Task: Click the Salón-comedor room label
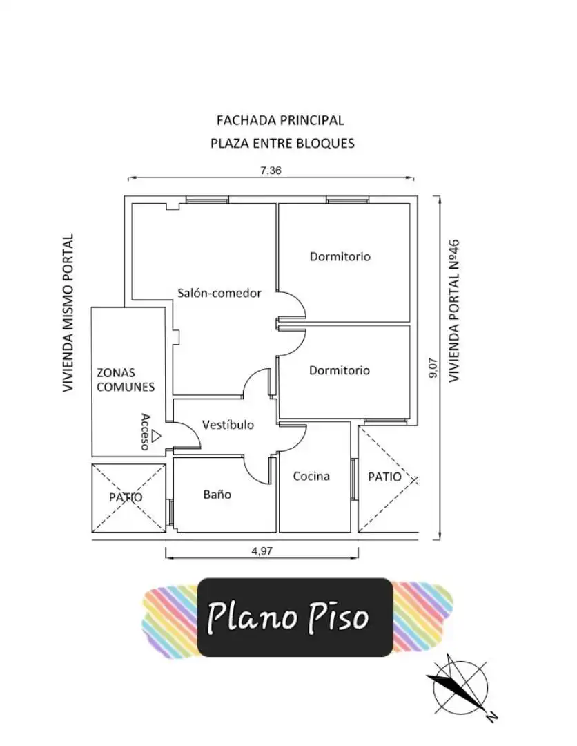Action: click(x=219, y=293)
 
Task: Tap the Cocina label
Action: click(x=311, y=476)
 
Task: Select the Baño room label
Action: click(x=217, y=495)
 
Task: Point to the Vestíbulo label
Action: click(x=228, y=424)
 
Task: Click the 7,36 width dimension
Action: click(x=271, y=171)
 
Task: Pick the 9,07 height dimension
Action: click(x=433, y=367)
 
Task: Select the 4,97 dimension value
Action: click(x=262, y=551)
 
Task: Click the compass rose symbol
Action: click(x=460, y=688)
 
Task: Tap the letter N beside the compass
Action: click(x=491, y=716)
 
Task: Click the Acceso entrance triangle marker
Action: click(x=157, y=435)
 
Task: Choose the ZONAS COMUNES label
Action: click(x=126, y=380)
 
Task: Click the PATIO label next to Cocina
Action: click(x=384, y=477)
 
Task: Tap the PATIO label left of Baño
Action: click(x=126, y=497)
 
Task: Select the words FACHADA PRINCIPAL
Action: click(x=280, y=120)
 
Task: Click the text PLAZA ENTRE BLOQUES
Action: click(x=282, y=143)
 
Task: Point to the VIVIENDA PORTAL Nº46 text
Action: click(x=454, y=310)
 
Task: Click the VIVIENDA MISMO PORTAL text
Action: click(x=68, y=313)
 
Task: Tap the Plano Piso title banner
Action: click(x=295, y=618)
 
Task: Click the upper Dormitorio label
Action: click(x=340, y=256)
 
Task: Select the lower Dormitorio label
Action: click(x=340, y=370)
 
